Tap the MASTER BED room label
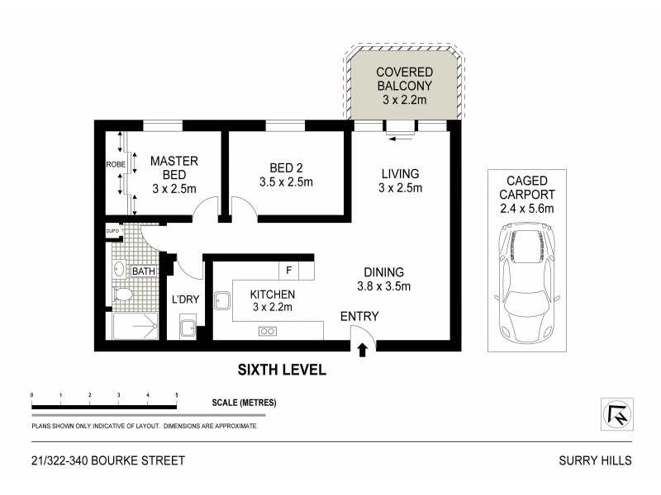point(174,167)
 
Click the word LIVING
point(400,174)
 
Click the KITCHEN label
point(273,294)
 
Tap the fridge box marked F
point(288,270)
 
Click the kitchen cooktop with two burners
point(269,332)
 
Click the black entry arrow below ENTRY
point(361,350)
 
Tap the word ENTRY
point(359,316)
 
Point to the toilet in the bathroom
point(121,295)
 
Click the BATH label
point(144,271)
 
